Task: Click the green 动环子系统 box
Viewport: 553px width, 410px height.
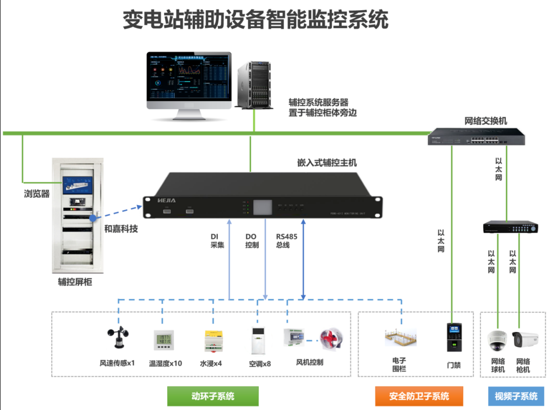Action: click(213, 396)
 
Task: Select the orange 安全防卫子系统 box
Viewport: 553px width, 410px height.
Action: click(419, 396)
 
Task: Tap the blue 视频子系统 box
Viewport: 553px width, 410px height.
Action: click(516, 396)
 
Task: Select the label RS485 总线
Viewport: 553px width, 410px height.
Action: click(283, 241)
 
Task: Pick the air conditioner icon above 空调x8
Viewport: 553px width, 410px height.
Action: click(257, 341)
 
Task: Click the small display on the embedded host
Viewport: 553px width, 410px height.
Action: click(264, 206)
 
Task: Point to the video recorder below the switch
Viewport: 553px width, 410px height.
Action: click(510, 227)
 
